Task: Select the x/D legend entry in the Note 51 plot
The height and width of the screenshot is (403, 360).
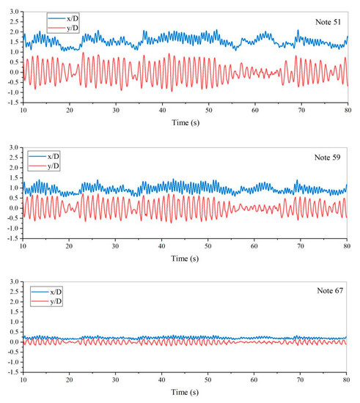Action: point(65,15)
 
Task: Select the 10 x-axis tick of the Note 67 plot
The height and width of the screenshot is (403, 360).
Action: point(23,383)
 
